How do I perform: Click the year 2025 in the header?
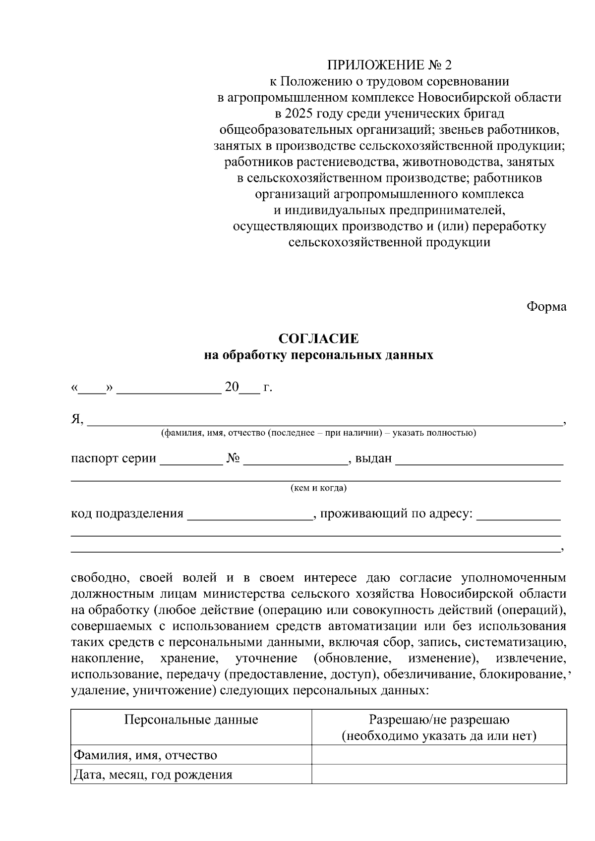[297, 113]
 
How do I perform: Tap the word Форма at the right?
[546, 306]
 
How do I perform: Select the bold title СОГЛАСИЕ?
[318, 339]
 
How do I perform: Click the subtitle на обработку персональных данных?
[318, 355]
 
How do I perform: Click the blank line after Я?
[325, 422]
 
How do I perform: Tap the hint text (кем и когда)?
[318, 488]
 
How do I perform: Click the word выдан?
[373, 459]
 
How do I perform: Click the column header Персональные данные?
[191, 720]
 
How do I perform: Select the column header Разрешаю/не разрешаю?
[439, 720]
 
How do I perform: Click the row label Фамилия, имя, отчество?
[145, 755]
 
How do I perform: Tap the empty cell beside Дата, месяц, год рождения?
[439, 774]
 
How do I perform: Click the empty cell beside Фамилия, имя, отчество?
[439, 755]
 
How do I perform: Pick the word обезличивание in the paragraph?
[428, 675]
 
